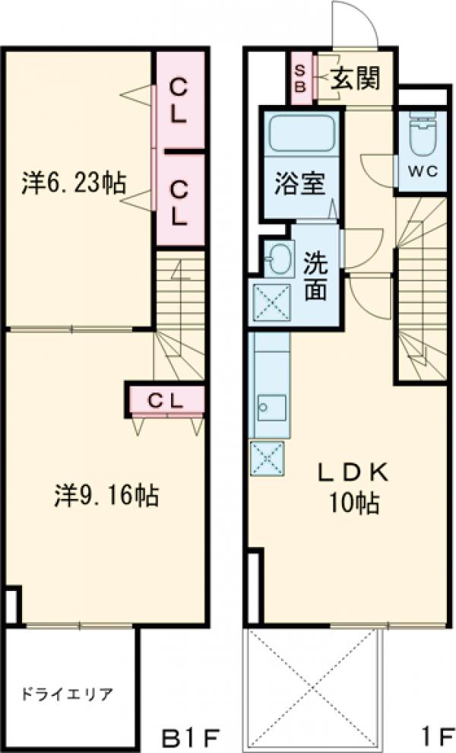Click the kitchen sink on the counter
coord(271,407)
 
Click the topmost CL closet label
coord(179,100)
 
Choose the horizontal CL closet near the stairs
coord(166,399)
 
